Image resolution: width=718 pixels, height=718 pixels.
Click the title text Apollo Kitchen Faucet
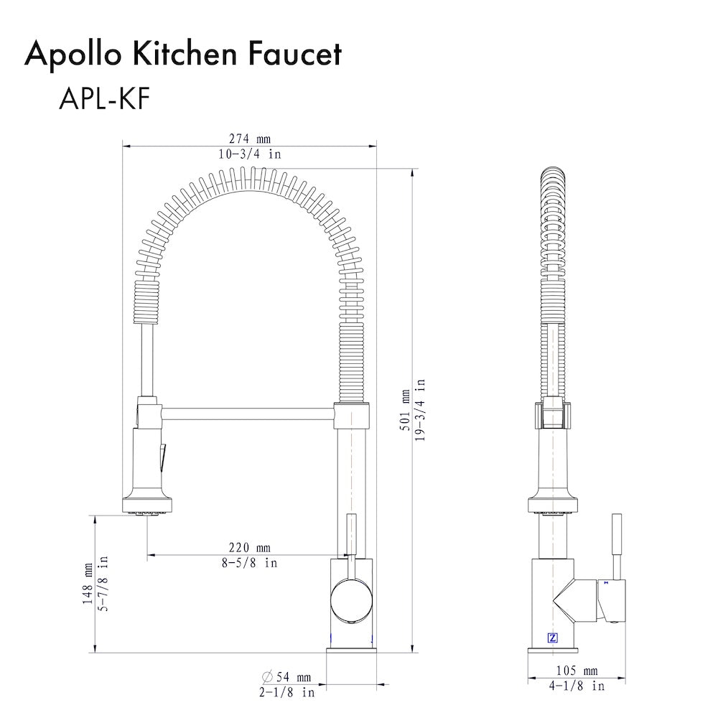(x=183, y=54)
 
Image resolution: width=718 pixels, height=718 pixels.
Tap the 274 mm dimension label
(x=249, y=139)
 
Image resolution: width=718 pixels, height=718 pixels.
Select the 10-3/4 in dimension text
(x=249, y=154)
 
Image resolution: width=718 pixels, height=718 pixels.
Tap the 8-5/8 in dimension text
(x=249, y=563)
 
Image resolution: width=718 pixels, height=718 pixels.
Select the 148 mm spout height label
(x=88, y=583)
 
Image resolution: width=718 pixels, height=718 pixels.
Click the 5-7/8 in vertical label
(x=103, y=583)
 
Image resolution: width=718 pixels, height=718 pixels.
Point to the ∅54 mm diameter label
(x=286, y=676)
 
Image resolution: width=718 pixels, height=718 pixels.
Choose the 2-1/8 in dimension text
(x=286, y=693)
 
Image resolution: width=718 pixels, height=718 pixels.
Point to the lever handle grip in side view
(x=615, y=542)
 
